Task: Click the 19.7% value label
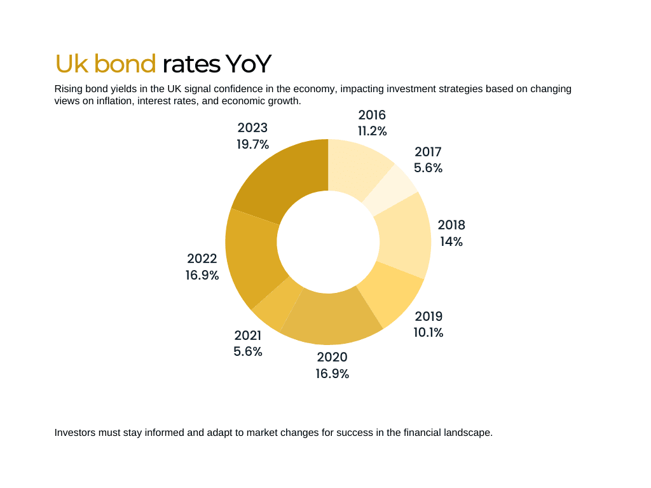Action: [x=253, y=144]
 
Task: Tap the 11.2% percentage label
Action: [x=373, y=131]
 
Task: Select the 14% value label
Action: [x=451, y=241]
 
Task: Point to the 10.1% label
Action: [x=428, y=332]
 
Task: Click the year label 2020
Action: [x=332, y=357]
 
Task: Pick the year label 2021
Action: [x=248, y=335]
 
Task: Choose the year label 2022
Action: [x=202, y=259]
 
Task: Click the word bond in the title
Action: [x=125, y=64]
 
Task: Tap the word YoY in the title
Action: [x=249, y=64]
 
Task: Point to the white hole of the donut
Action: [x=329, y=242]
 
